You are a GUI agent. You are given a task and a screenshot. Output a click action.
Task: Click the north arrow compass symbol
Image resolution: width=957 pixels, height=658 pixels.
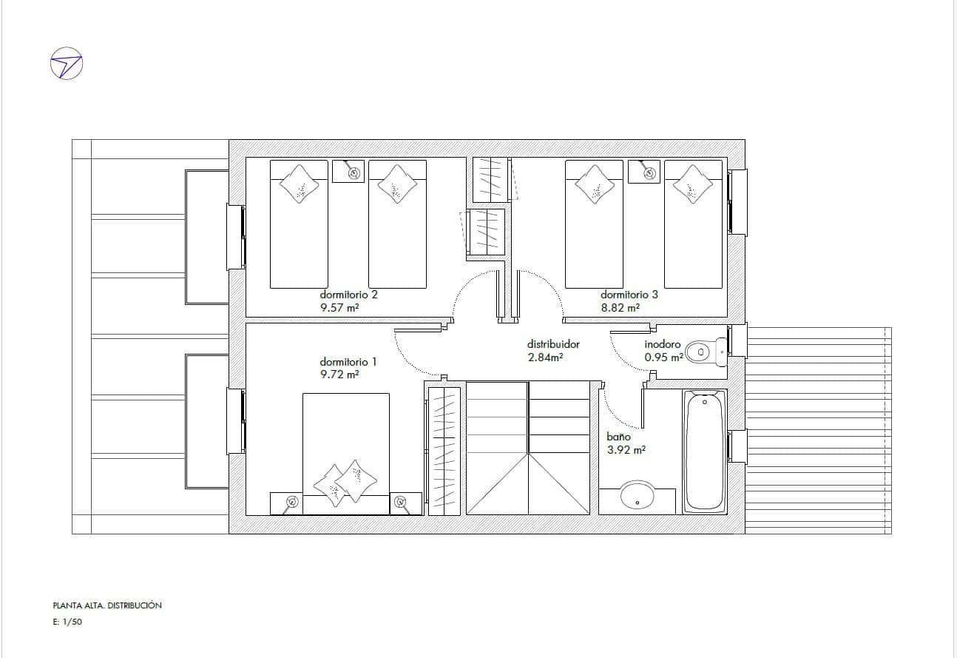pos(67,63)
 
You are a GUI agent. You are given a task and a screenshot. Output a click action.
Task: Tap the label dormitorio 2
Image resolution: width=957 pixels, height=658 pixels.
pos(348,295)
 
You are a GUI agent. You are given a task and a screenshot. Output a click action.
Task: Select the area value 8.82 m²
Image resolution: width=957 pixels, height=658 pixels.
pos(620,308)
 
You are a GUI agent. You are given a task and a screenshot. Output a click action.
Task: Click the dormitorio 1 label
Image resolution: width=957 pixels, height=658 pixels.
pos(348,362)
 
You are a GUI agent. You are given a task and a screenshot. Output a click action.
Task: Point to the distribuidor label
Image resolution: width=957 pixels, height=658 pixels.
pos(553,343)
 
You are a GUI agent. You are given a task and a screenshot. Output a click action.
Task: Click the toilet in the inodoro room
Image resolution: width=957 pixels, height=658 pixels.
pos(706,352)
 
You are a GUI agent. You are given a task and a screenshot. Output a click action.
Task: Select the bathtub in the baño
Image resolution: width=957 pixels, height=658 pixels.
pos(705,451)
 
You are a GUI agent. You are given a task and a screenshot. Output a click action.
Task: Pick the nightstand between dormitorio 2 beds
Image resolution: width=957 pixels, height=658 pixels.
pos(348,171)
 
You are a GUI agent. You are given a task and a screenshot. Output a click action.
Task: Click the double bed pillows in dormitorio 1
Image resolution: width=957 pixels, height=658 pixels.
pos(345,483)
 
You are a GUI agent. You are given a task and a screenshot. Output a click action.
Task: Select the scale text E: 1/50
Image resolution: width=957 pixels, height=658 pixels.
pos(67,622)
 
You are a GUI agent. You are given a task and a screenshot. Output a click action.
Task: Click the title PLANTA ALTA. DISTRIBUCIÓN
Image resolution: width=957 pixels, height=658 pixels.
pos(107,605)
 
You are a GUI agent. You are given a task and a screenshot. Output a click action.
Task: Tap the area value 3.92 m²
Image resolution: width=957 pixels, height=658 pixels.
pos(626,450)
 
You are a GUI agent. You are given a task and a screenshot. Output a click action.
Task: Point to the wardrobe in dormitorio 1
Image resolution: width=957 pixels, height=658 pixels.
pos(444,451)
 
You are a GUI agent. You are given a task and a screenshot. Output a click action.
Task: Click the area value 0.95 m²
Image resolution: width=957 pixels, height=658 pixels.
pos(664,357)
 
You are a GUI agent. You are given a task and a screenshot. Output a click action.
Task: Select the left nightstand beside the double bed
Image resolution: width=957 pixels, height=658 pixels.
pos(286,503)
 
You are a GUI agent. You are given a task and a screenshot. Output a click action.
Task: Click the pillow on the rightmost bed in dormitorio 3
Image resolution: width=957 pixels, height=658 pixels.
pos(692,184)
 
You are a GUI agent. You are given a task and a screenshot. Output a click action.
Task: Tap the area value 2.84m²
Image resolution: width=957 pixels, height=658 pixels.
pos(545,357)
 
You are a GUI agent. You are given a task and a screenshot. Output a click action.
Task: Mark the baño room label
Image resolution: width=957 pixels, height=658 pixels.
pos(618,437)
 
